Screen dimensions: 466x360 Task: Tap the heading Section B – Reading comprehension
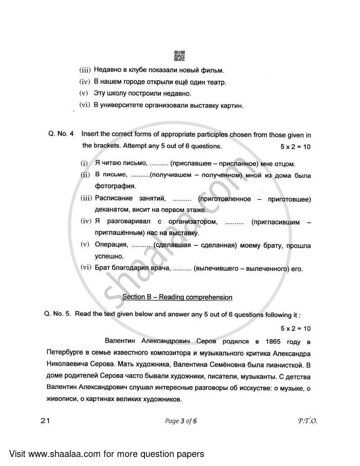(178, 297)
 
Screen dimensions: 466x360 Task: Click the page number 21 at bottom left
(44, 421)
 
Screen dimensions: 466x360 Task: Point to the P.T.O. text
(307, 421)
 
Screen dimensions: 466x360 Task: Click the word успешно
(108, 256)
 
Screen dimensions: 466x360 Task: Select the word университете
(124, 106)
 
